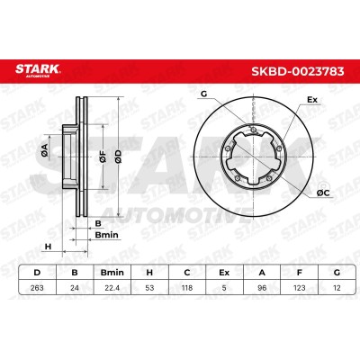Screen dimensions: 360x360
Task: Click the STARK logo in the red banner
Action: click(x=38, y=71)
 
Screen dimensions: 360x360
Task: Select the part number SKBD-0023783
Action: click(x=297, y=71)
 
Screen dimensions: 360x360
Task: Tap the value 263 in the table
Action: click(x=37, y=288)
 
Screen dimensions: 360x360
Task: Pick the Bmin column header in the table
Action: click(x=112, y=273)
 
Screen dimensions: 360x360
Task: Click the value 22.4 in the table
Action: click(x=112, y=288)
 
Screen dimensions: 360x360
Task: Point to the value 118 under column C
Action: click(x=187, y=288)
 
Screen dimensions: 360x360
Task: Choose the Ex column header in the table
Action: click(x=224, y=273)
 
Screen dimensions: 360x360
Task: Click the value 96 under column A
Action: click(x=262, y=288)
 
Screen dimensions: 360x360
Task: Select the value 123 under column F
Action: click(x=299, y=288)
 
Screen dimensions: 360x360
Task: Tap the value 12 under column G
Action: click(x=337, y=288)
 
